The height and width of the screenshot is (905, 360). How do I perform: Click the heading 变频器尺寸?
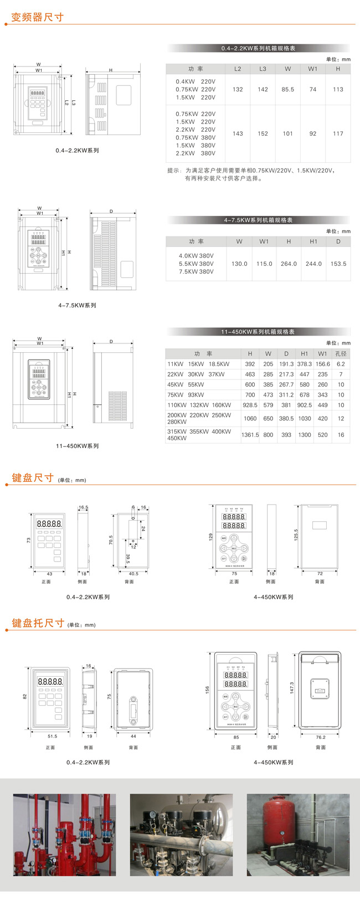38,17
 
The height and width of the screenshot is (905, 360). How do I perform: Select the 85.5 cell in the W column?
287,89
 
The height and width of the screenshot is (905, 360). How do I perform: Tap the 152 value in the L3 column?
263,133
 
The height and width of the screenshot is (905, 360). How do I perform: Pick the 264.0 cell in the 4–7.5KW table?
289,264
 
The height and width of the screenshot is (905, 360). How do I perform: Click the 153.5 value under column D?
338,264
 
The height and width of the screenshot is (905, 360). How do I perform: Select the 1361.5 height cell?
250,435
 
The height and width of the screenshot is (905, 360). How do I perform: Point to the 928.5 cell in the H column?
250,405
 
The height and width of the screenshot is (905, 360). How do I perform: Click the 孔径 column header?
341,353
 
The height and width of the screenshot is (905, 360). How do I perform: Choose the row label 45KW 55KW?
186,384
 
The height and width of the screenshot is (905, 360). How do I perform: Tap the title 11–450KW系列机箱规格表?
258,332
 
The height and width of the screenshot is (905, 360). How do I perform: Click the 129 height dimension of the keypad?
210,537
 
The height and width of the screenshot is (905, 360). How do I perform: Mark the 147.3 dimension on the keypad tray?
291,687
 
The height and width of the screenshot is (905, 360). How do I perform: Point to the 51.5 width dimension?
52,736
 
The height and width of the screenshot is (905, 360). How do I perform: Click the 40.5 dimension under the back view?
133,574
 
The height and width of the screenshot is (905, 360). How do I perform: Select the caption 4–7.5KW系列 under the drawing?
77,305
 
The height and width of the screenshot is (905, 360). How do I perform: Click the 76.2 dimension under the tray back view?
321,737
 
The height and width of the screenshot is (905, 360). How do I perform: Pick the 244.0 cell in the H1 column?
313,264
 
